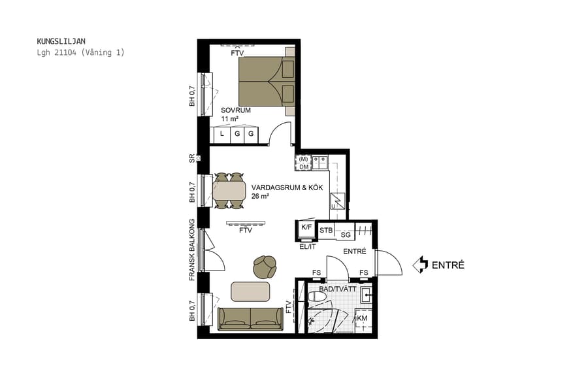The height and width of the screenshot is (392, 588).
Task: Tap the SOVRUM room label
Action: click(236, 110)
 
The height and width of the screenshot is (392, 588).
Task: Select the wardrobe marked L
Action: click(221, 135)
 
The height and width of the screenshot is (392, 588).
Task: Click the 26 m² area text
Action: click(260, 195)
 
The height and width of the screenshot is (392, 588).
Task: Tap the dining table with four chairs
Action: click(229, 191)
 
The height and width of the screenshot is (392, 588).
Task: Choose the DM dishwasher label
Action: click(304, 167)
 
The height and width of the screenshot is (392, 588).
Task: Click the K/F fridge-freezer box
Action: click(306, 227)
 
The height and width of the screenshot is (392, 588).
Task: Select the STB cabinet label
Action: click(326, 231)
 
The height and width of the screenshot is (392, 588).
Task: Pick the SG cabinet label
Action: click(346, 234)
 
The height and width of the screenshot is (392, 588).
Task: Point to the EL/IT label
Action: click(307, 246)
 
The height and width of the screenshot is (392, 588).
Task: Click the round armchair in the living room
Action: click(265, 266)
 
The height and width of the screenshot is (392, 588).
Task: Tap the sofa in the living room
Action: click(250, 318)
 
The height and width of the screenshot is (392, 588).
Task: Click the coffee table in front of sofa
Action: click(250, 291)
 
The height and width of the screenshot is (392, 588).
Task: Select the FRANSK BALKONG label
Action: click(193, 250)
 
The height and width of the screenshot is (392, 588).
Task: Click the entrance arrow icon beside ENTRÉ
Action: click(419, 265)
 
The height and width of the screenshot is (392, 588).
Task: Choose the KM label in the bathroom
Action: click(361, 319)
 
